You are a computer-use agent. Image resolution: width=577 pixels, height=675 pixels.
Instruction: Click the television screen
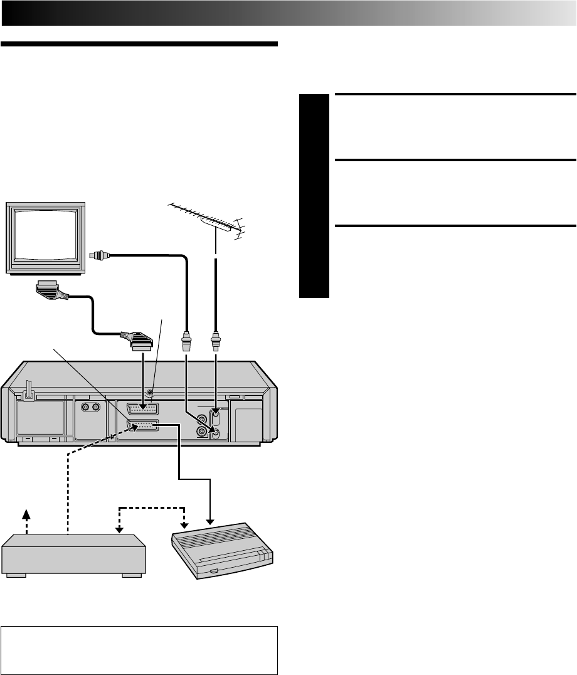[x=45, y=235]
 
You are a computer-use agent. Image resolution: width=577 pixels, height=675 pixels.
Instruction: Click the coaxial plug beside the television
[x=99, y=255]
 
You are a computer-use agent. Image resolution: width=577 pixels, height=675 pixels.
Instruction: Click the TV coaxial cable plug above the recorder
[x=187, y=343]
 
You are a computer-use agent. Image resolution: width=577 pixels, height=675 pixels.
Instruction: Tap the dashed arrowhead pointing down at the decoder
[x=184, y=523]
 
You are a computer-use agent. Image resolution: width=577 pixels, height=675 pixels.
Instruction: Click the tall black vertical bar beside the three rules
[x=314, y=196]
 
